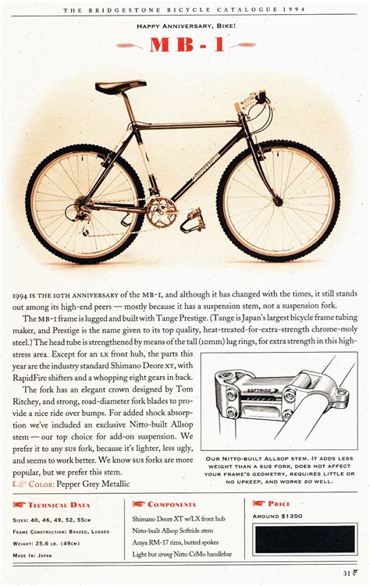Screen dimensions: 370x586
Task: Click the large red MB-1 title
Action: tap(186, 45)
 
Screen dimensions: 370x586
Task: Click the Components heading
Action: tap(165, 505)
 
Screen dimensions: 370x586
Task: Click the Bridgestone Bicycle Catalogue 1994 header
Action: tap(185, 10)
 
